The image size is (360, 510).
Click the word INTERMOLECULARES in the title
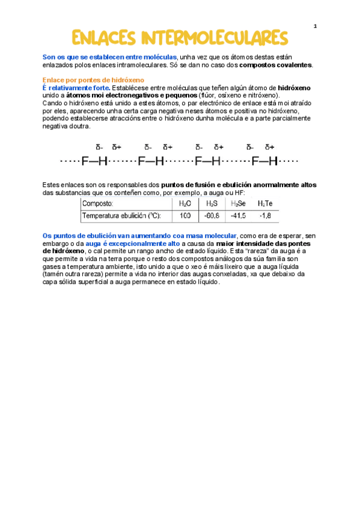(215, 37)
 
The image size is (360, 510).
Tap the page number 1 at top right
(315, 26)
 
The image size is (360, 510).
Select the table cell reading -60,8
(211, 215)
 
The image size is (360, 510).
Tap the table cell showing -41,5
(239, 215)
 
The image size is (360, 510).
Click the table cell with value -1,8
(265, 215)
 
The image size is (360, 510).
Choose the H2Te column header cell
(265, 204)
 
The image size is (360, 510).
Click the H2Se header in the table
(239, 204)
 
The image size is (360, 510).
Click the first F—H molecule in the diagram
(95, 161)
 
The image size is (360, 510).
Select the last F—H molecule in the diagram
(265, 161)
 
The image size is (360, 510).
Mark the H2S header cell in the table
(211, 204)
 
